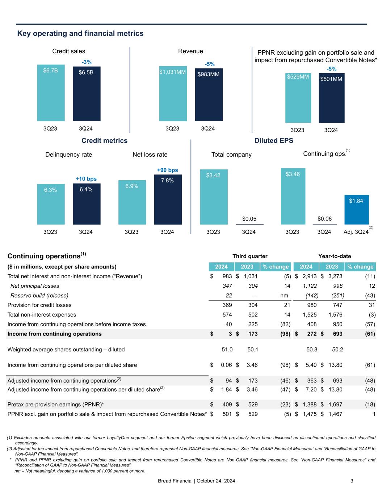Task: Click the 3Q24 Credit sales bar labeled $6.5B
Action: pyautogui.click(x=87, y=94)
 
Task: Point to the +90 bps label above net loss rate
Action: pyautogui.click(x=167, y=170)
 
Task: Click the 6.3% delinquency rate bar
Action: pyautogui.click(x=51, y=204)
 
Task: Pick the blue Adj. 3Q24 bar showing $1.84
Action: pyautogui.click(x=356, y=210)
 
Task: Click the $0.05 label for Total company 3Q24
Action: pyautogui.click(x=249, y=219)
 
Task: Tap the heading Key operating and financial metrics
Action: pyautogui.click(x=80, y=34)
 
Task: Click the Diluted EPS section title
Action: pyautogui.click(x=274, y=140)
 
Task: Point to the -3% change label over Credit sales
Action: pyautogui.click(x=87, y=62)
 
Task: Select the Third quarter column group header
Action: pyautogui.click(x=250, y=256)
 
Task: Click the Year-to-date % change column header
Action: pyautogui.click(x=360, y=267)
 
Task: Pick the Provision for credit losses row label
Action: pyautogui.click(x=39, y=305)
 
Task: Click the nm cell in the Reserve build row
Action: pyautogui.click(x=284, y=296)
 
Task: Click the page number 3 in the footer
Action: pyautogui.click(x=352, y=481)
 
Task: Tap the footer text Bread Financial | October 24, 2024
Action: pyautogui.click(x=196, y=481)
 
